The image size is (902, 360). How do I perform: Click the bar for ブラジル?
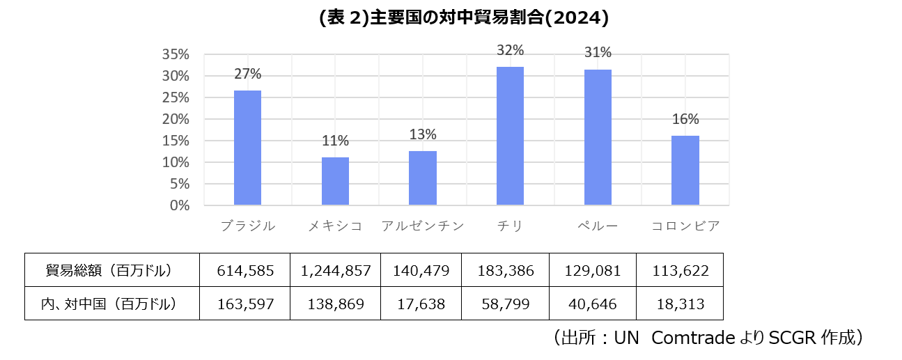[x=247, y=148]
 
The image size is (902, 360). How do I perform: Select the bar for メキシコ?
[x=335, y=181]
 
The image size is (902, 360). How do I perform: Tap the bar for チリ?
[x=510, y=136]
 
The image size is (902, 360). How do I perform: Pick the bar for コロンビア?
[x=685, y=171]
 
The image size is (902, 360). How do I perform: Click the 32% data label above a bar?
[x=510, y=50]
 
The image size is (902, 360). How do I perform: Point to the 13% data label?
[x=423, y=134]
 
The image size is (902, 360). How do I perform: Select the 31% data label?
[x=598, y=52]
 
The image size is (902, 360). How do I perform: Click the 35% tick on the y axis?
[x=176, y=54]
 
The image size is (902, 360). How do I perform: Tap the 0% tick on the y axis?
[x=180, y=205]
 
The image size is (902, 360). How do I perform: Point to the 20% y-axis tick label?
[x=176, y=119]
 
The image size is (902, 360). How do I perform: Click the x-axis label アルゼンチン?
[x=423, y=226]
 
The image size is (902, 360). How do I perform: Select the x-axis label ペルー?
[x=598, y=226]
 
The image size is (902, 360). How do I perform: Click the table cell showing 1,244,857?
[x=335, y=271]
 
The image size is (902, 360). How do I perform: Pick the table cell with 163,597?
[x=245, y=304]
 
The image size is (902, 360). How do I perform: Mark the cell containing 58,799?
[x=506, y=304]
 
